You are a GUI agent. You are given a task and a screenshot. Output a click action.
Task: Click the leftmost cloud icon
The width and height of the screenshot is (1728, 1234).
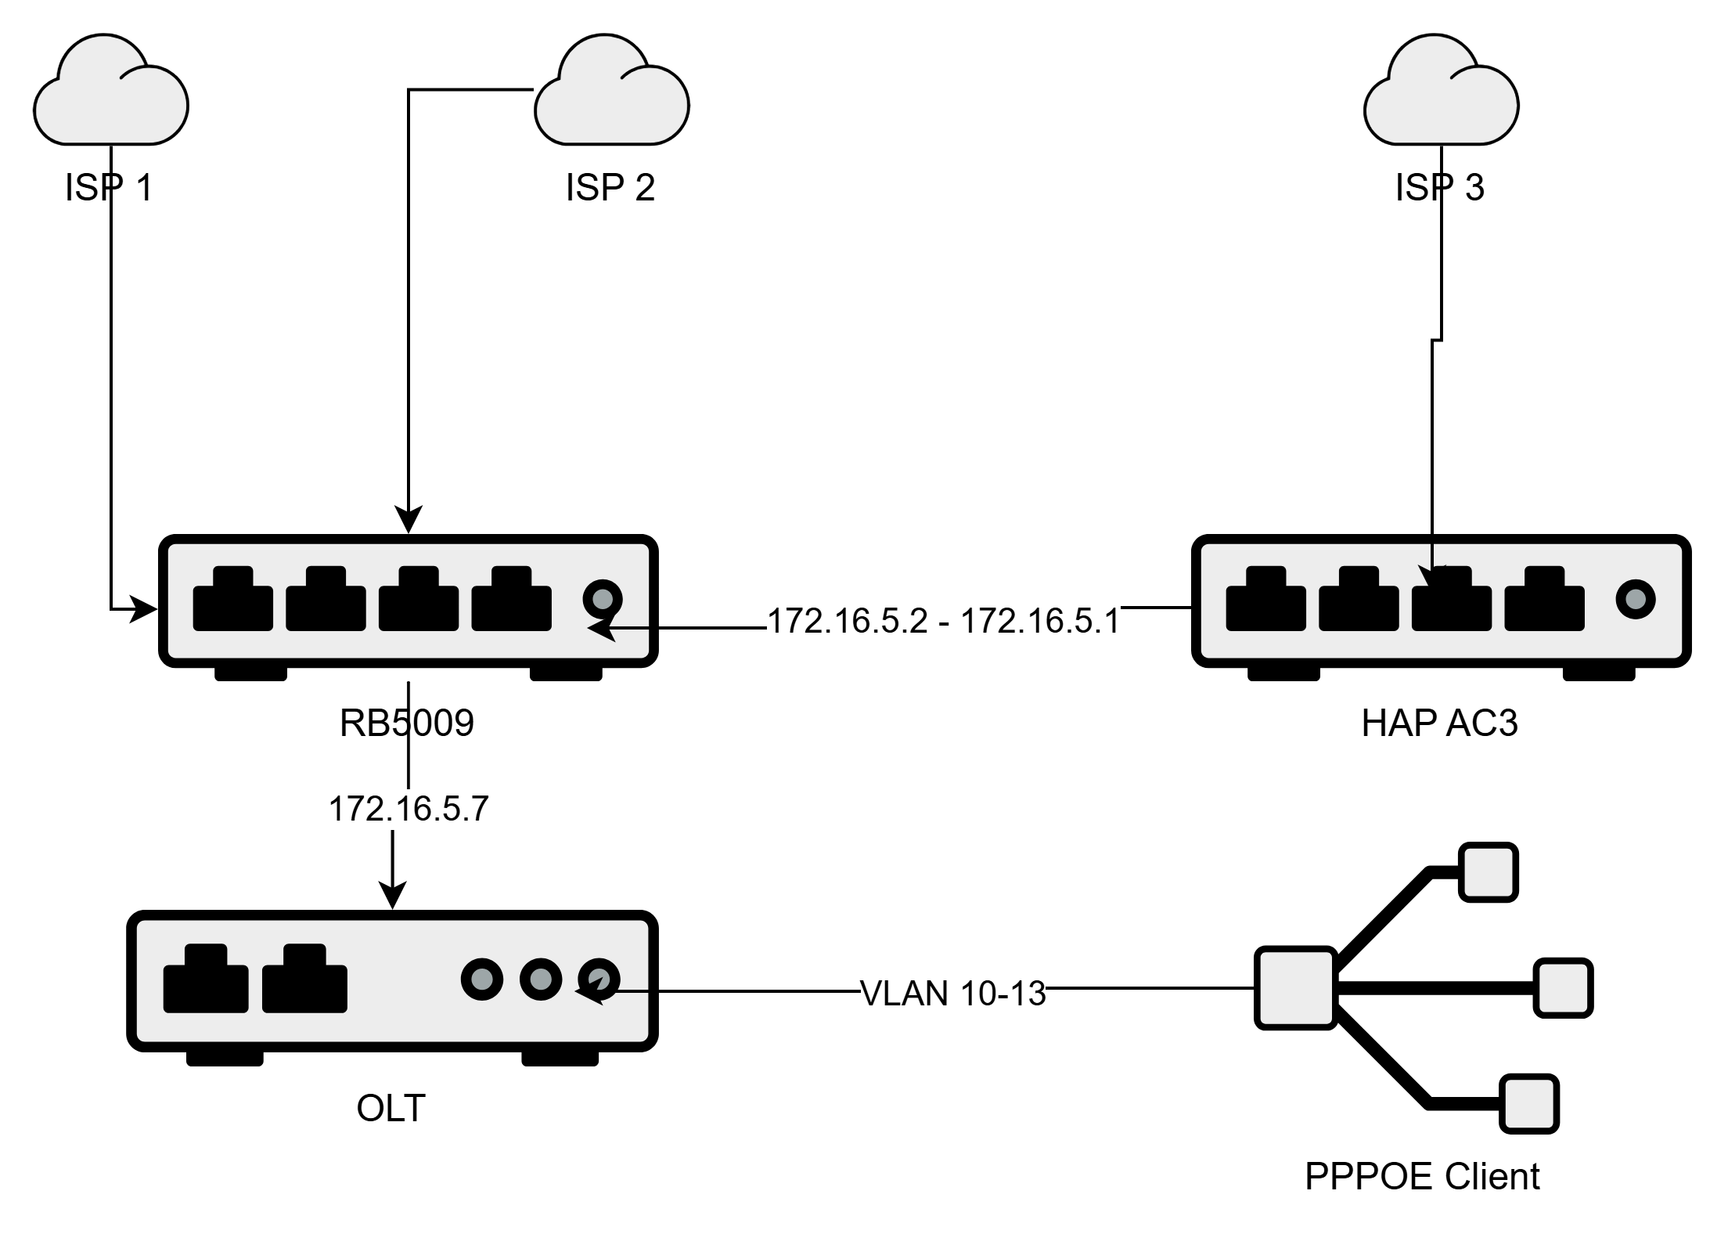tap(110, 93)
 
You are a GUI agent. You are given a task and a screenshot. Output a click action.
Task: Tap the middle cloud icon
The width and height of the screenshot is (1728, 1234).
tap(611, 93)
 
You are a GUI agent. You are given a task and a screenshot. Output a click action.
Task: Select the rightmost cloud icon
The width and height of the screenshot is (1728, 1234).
tap(1441, 93)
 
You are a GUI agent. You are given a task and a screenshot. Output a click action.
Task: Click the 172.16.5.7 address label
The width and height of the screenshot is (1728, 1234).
tap(409, 809)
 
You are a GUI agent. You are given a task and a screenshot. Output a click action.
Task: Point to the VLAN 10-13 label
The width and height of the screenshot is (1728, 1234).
tap(952, 994)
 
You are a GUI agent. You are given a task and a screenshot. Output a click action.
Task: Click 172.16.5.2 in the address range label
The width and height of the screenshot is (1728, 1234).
tap(848, 622)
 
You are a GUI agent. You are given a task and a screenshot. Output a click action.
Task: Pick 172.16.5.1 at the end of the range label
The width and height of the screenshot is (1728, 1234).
tap(1040, 622)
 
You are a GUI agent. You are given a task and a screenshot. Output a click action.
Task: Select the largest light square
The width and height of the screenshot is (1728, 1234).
tap(1295, 987)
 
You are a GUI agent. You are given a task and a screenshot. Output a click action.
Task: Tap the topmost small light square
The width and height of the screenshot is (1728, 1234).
tap(1488, 871)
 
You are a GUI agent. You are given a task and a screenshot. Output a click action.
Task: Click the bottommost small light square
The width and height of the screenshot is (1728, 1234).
tap(1528, 1103)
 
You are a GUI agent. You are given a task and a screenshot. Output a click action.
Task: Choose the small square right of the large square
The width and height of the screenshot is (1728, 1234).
tap(1563, 987)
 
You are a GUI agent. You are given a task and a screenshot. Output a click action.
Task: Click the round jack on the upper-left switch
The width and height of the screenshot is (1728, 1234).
tap(603, 600)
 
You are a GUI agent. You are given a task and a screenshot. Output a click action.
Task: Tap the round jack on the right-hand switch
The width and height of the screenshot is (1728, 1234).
tap(1636, 600)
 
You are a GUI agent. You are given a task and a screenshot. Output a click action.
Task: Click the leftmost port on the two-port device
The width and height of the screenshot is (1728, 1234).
tap(206, 979)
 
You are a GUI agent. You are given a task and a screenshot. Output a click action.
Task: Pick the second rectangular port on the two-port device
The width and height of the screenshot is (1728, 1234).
tap(304, 979)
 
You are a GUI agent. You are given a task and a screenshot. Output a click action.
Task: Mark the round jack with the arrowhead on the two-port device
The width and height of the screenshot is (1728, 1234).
tap(599, 979)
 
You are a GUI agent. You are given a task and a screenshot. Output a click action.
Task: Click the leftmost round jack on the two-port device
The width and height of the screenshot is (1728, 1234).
tap(482, 979)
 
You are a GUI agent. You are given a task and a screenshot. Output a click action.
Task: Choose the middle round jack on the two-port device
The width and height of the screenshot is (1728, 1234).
tap(541, 979)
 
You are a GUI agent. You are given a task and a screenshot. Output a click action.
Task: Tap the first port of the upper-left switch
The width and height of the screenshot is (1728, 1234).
tap(232, 600)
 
